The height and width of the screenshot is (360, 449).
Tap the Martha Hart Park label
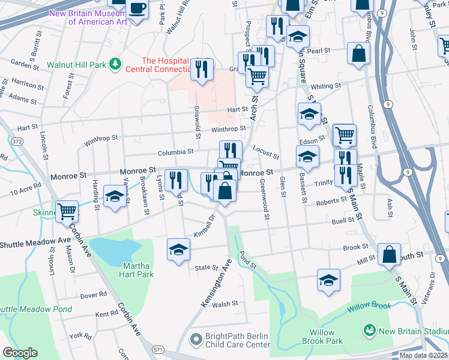tap(138, 270)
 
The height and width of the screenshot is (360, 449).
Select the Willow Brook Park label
tap(326, 337)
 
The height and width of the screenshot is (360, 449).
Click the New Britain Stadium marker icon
tap(369, 331)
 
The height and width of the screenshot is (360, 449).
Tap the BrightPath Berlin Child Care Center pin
tap(196, 340)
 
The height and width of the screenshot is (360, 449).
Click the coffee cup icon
tap(137, 10)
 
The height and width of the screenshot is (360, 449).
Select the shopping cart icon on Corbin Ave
tap(67, 211)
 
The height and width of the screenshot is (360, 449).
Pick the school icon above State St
tap(178, 249)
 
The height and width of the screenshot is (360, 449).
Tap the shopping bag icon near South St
tap(390, 254)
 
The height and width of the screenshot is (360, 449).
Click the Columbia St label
tap(176, 153)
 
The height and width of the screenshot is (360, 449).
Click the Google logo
tap(20, 353)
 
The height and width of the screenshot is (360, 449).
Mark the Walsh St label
tap(225, 304)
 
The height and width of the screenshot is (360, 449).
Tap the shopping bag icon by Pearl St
tap(358, 53)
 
